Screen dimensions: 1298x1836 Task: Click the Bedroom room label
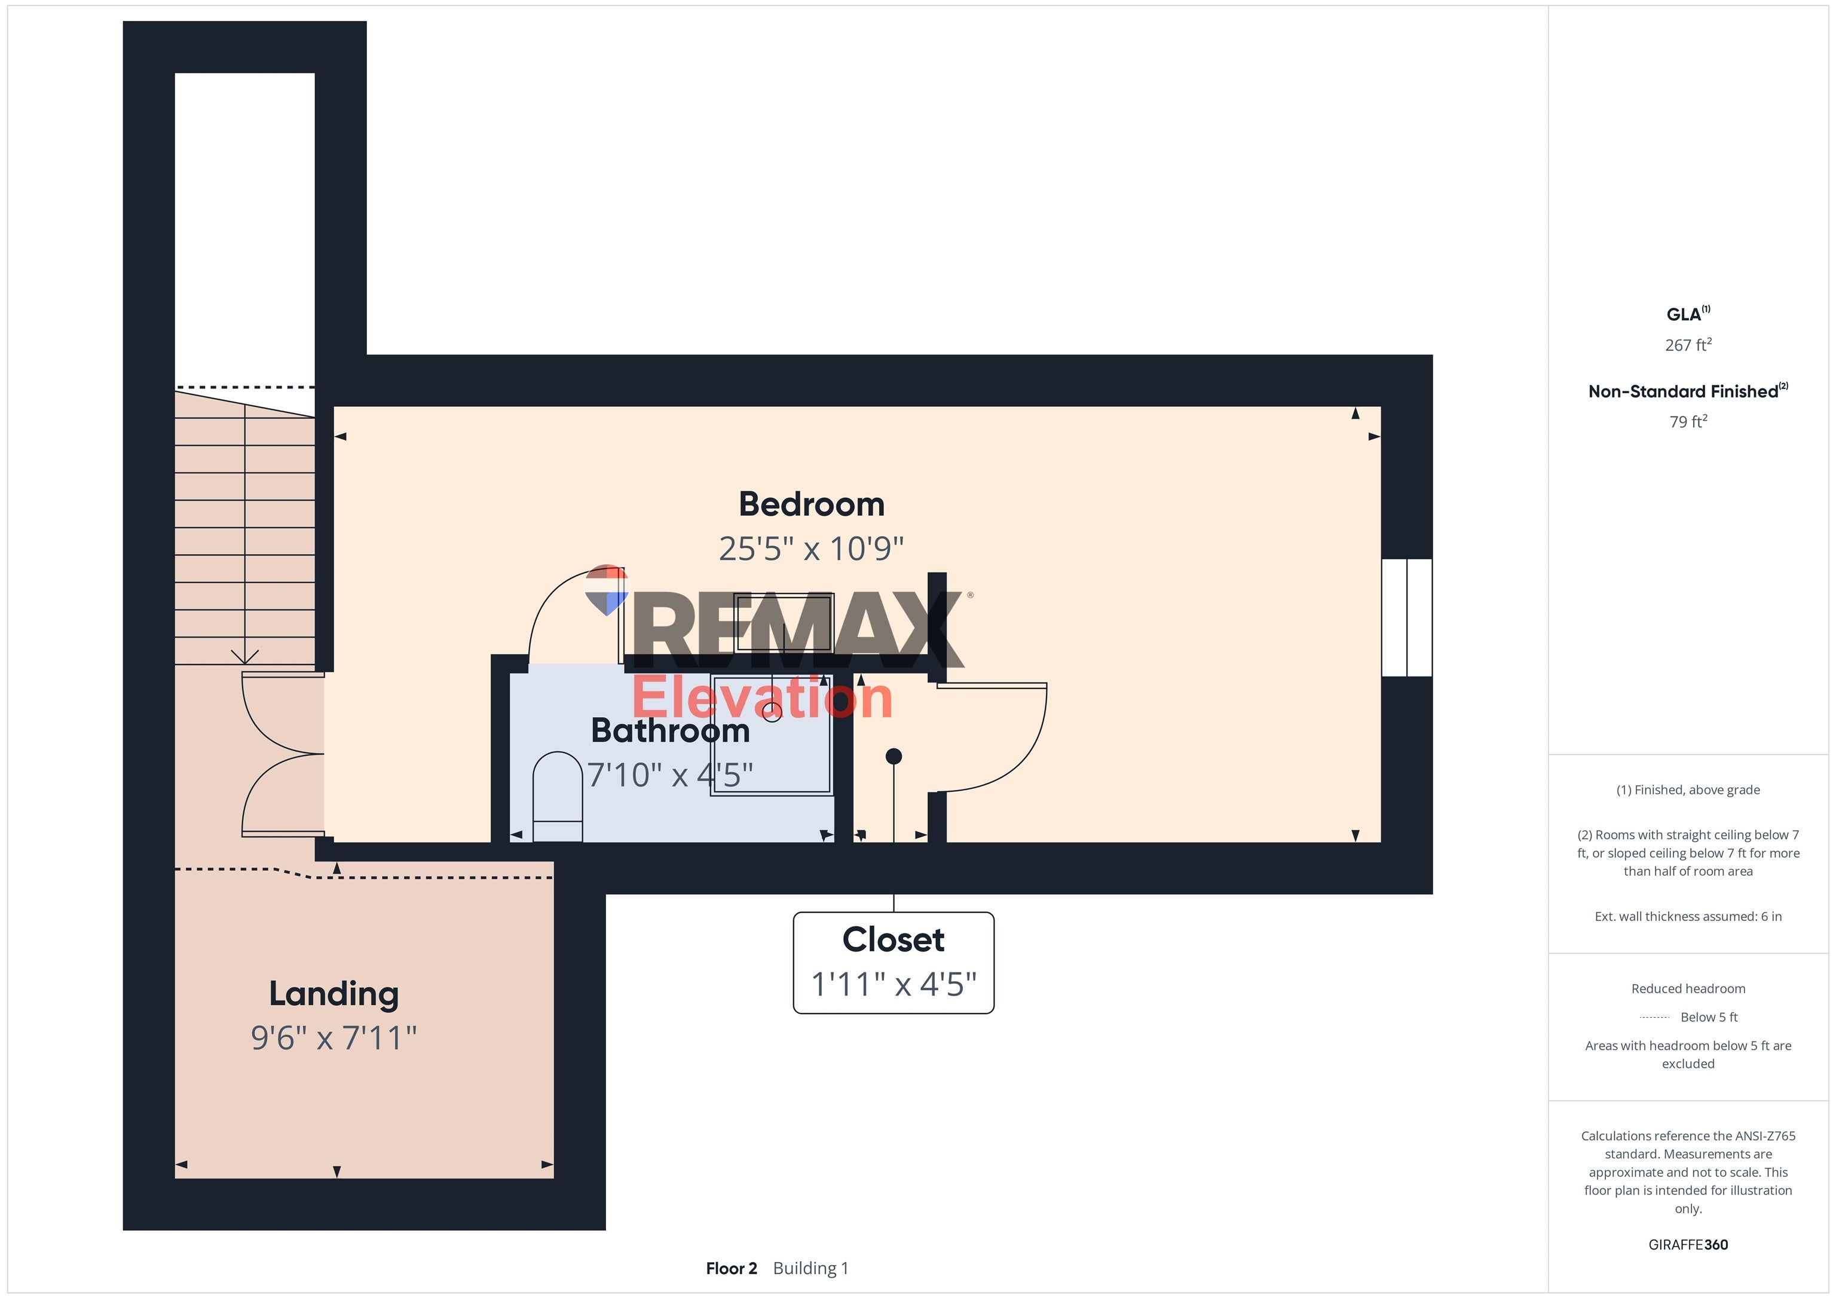pyautogui.click(x=811, y=504)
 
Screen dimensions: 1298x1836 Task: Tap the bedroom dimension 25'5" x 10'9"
pyautogui.click(x=811, y=549)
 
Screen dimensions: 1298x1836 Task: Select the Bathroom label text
pyautogui.click(x=670, y=731)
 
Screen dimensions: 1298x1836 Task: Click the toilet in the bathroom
pyautogui.click(x=558, y=796)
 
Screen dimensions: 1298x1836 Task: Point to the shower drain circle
pyautogui.click(x=772, y=712)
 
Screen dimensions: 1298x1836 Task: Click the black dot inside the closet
pyautogui.click(x=894, y=756)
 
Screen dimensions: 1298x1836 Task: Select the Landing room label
pyautogui.click(x=333, y=994)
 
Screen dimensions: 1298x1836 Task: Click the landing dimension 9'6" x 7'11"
pyautogui.click(x=333, y=1038)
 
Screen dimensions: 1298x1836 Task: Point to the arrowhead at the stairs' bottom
pyautogui.click(x=244, y=657)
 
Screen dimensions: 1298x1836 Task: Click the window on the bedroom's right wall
pyautogui.click(x=1407, y=617)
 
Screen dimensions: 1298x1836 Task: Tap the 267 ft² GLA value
pyautogui.click(x=1687, y=345)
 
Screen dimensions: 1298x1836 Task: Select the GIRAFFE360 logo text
pyautogui.click(x=1687, y=1244)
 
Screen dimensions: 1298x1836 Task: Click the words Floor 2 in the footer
pyautogui.click(x=731, y=1268)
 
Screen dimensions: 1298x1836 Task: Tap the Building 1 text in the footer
pyautogui.click(x=810, y=1268)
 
